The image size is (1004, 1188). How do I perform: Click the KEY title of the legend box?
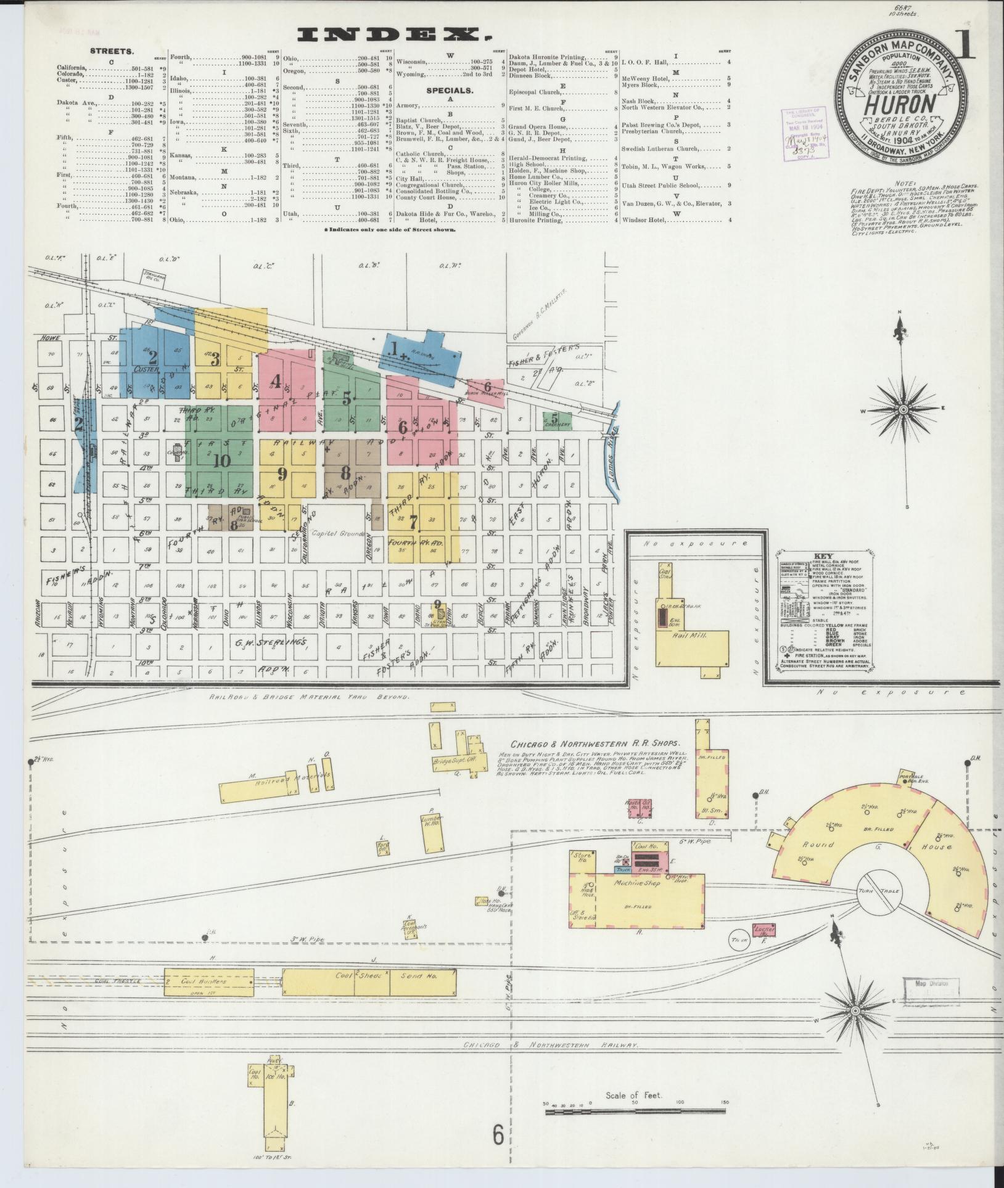tap(823, 555)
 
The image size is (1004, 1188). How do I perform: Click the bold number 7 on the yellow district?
tap(413, 521)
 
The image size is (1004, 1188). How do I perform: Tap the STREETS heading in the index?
tap(112, 52)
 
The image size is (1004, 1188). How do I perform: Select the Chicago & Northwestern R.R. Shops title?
tap(593, 744)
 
